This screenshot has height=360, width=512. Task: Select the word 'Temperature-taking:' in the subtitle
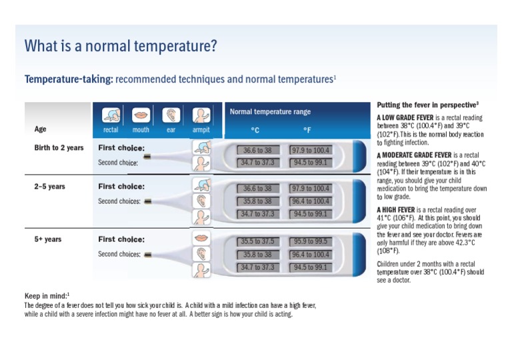pyautogui.click(x=69, y=79)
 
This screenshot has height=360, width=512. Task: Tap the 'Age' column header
pyautogui.click(x=41, y=129)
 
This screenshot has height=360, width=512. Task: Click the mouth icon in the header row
pyautogui.click(x=141, y=115)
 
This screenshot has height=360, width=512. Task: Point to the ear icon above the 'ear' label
pyautogui.click(x=171, y=115)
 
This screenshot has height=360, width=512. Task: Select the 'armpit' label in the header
pyautogui.click(x=201, y=130)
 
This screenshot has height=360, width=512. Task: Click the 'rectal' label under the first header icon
pyautogui.click(x=111, y=130)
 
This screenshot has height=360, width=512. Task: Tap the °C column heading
pyautogui.click(x=255, y=130)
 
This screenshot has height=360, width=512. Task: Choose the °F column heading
pyautogui.click(x=307, y=130)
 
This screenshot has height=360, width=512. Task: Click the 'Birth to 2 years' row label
pyautogui.click(x=59, y=148)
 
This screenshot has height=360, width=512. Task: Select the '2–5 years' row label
pyautogui.click(x=50, y=187)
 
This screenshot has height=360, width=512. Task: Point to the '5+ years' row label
pyautogui.click(x=48, y=239)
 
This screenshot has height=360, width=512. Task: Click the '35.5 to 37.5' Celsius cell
pyautogui.click(x=257, y=241)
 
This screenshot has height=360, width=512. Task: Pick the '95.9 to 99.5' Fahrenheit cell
pyautogui.click(x=309, y=241)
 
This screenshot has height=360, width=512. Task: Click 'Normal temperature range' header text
pyautogui.click(x=270, y=112)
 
